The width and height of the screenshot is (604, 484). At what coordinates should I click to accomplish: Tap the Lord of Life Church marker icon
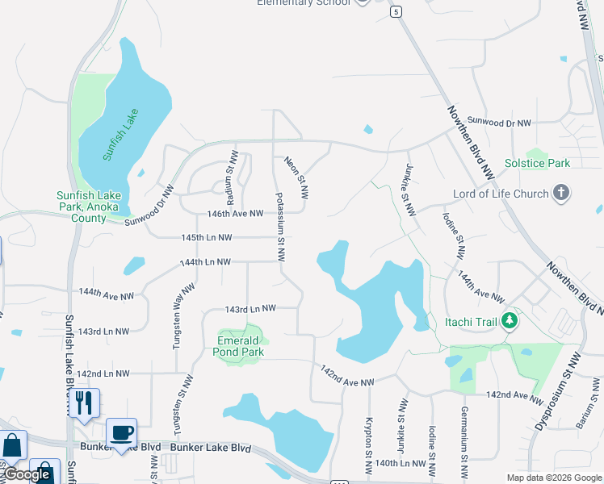(563, 194)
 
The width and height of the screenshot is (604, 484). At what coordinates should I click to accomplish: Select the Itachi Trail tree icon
(509, 322)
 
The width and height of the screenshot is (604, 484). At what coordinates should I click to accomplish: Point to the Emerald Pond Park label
(241, 347)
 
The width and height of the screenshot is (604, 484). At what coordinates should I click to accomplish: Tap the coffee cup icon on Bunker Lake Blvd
(121, 433)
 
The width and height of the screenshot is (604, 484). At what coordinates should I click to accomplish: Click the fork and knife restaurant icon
(84, 402)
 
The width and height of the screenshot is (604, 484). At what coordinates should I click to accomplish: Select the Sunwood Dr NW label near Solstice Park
(499, 123)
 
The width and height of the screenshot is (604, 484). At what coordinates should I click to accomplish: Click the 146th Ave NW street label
(235, 214)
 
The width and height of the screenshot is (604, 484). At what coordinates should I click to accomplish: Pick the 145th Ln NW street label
(207, 238)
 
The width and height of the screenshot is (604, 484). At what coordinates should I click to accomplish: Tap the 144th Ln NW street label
(205, 262)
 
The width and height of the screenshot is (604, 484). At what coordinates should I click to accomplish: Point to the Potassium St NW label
(280, 228)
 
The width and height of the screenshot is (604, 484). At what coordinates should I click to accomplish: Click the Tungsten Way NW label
(182, 315)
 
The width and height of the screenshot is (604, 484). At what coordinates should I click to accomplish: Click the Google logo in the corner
(27, 474)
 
